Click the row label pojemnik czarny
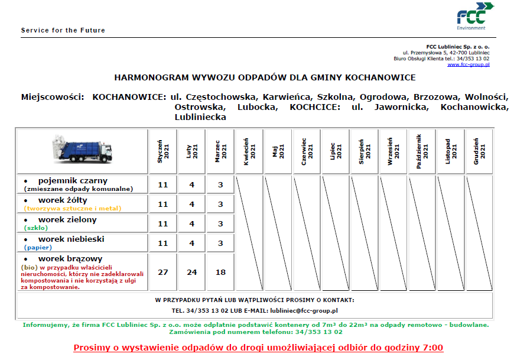73,180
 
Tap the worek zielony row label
67,220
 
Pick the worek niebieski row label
71,239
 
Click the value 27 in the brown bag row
163,272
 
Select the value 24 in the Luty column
191,272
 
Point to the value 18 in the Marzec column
220,272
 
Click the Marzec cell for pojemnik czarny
220,184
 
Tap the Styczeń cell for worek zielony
163,223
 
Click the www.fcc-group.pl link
468,64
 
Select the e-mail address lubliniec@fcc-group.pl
303,310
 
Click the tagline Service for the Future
63,30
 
